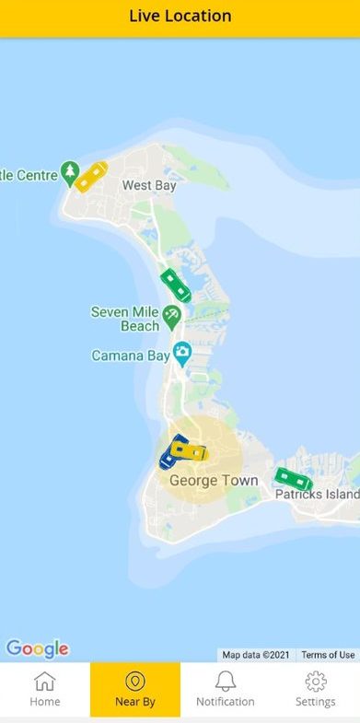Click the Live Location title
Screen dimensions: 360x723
point(180,16)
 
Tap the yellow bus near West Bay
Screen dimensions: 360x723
point(91,175)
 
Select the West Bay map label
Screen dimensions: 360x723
point(149,185)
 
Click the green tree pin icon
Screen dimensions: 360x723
point(70,172)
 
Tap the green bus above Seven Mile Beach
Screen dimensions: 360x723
point(175,286)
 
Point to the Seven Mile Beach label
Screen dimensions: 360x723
point(124,319)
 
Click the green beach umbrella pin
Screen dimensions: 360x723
point(172,319)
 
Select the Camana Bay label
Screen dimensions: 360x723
point(131,355)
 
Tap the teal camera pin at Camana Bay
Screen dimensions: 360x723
point(182,351)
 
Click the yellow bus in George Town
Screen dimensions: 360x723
point(190,451)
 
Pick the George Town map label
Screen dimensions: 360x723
point(214,480)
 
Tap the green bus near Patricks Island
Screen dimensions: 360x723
point(294,479)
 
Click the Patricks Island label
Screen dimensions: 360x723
point(318,495)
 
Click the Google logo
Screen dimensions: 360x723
point(37,648)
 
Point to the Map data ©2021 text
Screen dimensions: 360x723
point(256,655)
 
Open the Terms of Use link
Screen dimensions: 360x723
point(328,655)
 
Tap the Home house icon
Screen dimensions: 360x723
point(44,682)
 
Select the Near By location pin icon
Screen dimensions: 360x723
point(135,682)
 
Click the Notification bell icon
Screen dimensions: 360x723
point(225,682)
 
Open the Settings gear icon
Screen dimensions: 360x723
point(316,682)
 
